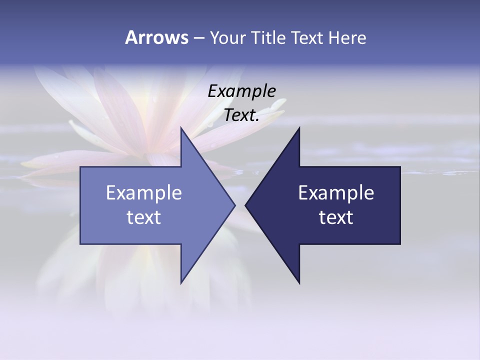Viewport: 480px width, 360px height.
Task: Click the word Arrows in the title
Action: pos(156,37)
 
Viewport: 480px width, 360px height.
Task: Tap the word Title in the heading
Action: pos(268,37)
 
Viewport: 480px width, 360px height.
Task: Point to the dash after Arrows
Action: pos(198,38)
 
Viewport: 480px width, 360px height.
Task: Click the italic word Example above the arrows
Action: pos(241,91)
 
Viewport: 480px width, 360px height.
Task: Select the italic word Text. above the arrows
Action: pos(241,115)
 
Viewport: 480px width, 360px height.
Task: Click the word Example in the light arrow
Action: pos(143,193)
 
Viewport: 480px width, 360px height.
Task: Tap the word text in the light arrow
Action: pos(143,217)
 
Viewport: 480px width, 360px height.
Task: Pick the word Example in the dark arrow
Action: pos(336,193)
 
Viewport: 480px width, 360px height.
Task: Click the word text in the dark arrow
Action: pos(336,217)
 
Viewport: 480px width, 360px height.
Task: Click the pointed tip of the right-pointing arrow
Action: pos(234,205)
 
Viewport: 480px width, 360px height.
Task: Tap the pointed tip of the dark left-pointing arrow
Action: pos(245,205)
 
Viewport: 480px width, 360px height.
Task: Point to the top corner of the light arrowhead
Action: pos(181,127)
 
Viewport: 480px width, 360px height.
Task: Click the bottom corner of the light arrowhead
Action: pos(181,283)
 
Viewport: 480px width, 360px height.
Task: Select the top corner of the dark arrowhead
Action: pos(299,127)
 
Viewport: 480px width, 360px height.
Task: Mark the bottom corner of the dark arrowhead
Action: pos(299,283)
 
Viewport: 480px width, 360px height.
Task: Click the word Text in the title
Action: pos(307,37)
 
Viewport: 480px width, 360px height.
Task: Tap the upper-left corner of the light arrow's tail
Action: pos(81,167)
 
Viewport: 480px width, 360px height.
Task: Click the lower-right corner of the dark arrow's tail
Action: pos(399,243)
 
